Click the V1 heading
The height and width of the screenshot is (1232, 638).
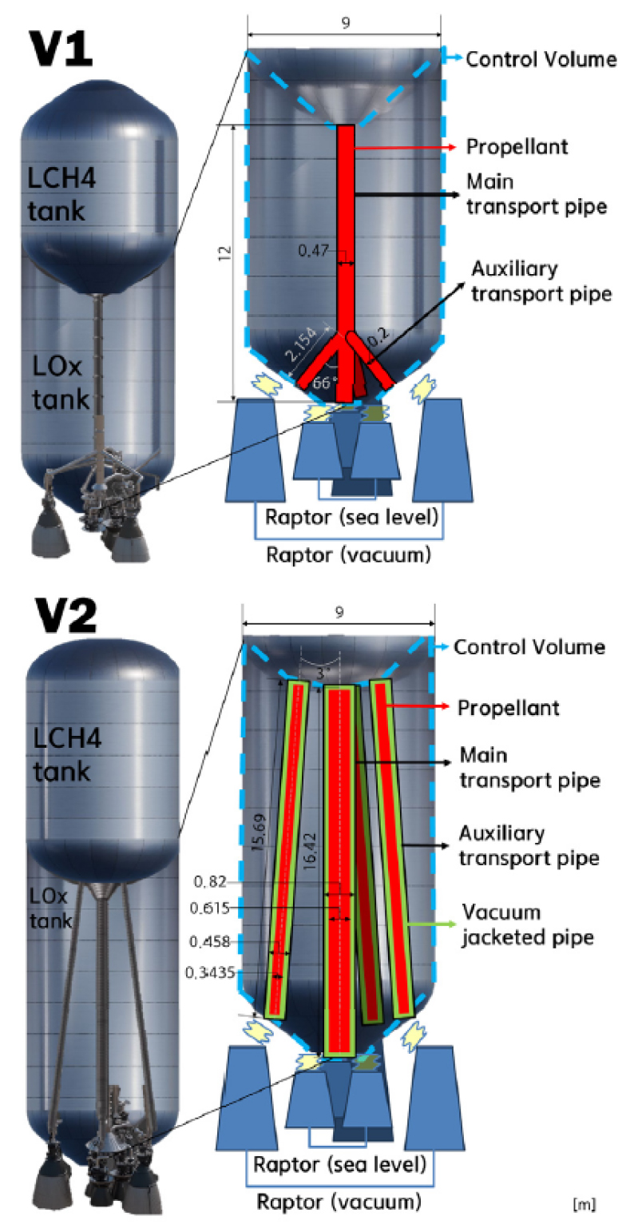[x=61, y=49]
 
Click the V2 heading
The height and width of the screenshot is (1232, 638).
[x=65, y=615]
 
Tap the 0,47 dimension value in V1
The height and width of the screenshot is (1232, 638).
[x=314, y=251]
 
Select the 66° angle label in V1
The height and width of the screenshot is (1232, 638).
[x=325, y=382]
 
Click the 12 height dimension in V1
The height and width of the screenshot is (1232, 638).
[x=224, y=253]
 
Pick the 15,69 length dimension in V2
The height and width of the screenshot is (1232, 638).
[x=259, y=833]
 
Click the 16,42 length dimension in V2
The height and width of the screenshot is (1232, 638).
[x=309, y=850]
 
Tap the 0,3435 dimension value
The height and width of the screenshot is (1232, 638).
[x=210, y=973]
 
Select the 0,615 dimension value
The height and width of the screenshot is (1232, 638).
[x=209, y=908]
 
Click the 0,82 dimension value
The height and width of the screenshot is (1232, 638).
[x=210, y=881]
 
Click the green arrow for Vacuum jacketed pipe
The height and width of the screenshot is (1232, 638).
[x=431, y=924]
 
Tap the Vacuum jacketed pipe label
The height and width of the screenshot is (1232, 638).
[x=528, y=924]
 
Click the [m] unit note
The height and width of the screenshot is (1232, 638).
[x=585, y=1205]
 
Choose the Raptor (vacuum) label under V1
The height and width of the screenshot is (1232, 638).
[x=348, y=554]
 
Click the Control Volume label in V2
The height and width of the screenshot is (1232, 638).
[x=529, y=647]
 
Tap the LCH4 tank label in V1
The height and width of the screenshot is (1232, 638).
[x=61, y=194]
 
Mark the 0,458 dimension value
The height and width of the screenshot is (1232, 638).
[x=209, y=942]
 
